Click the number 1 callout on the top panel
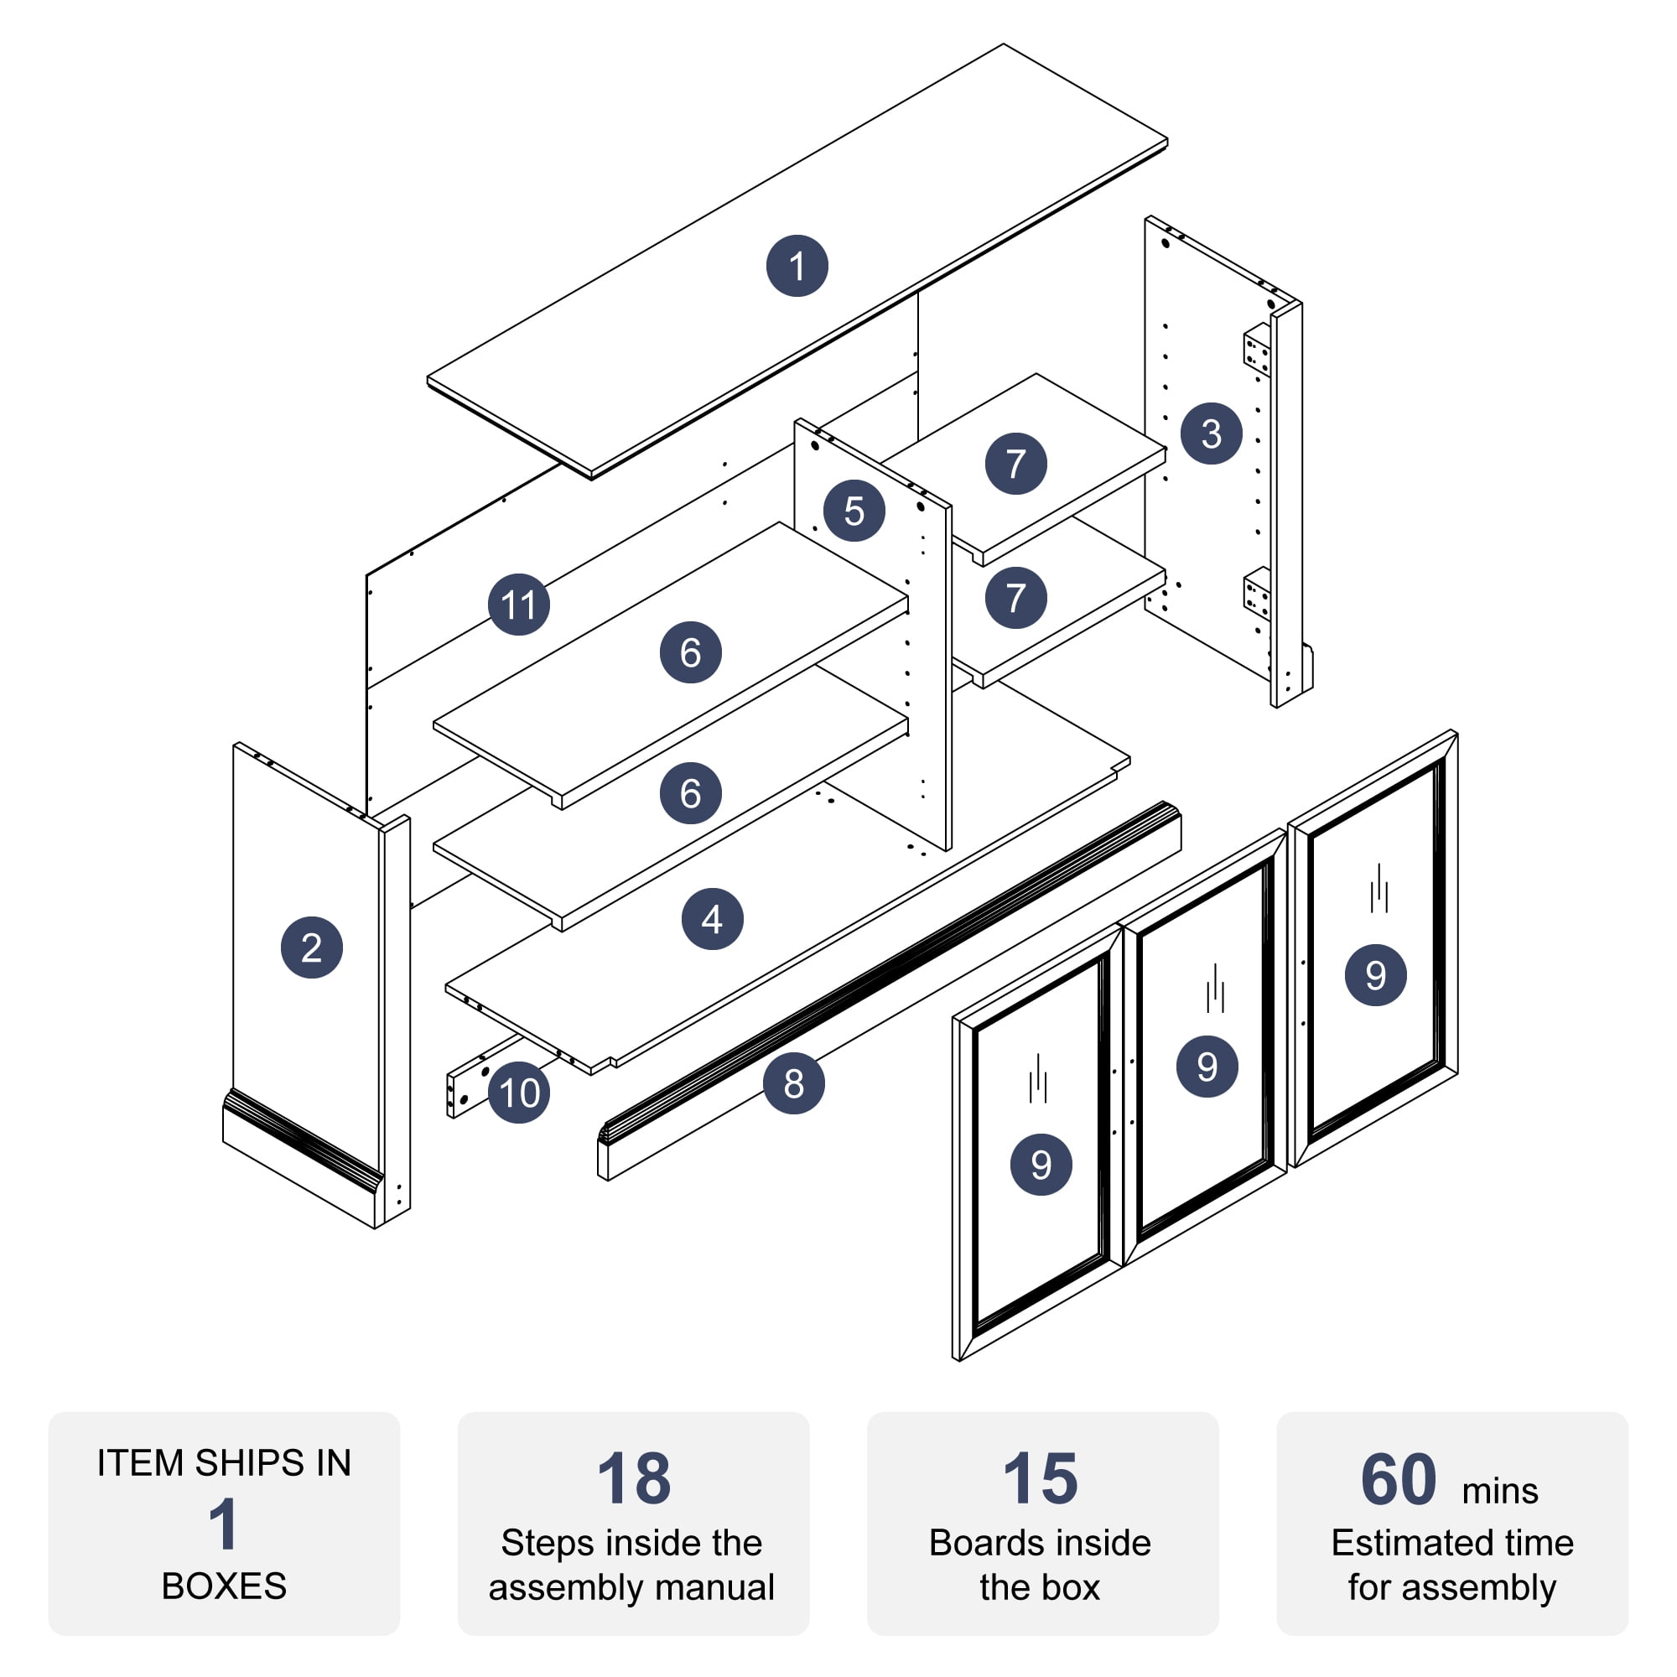[797, 266]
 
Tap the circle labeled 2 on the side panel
[312, 947]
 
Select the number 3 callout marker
[1211, 434]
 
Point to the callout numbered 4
[712, 918]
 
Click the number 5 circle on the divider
[854, 511]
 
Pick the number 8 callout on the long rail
[793, 1083]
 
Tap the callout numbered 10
[519, 1092]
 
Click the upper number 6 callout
[690, 652]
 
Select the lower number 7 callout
[1015, 597]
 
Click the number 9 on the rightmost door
[1375, 975]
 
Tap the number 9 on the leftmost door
[1041, 1164]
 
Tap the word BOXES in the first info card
[224, 1586]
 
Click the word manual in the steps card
[715, 1587]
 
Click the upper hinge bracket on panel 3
[1256, 349]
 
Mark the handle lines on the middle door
[1215, 989]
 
